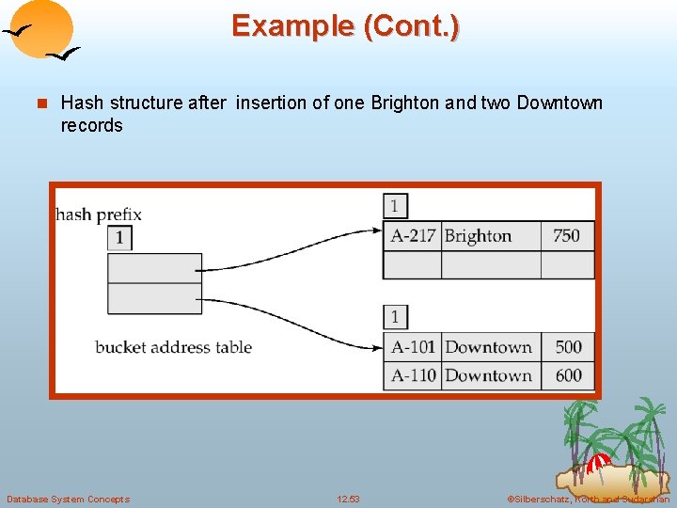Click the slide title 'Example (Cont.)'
pyautogui.click(x=345, y=25)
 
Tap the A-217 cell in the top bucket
pyautogui.click(x=413, y=235)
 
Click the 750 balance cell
pyautogui.click(x=566, y=235)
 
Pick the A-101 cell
pyautogui.click(x=413, y=347)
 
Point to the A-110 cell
pyautogui.click(x=413, y=375)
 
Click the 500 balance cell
pyautogui.click(x=568, y=347)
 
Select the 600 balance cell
pyautogui.click(x=568, y=375)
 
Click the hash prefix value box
pyautogui.click(x=119, y=238)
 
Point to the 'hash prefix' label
pyautogui.click(x=99, y=214)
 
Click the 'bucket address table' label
pyautogui.click(x=173, y=347)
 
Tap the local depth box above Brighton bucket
pyautogui.click(x=395, y=206)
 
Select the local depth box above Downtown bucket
pyautogui.click(x=395, y=317)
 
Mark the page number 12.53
pyautogui.click(x=348, y=499)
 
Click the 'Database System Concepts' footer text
pyautogui.click(x=68, y=499)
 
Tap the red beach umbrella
pyautogui.click(x=598, y=464)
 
